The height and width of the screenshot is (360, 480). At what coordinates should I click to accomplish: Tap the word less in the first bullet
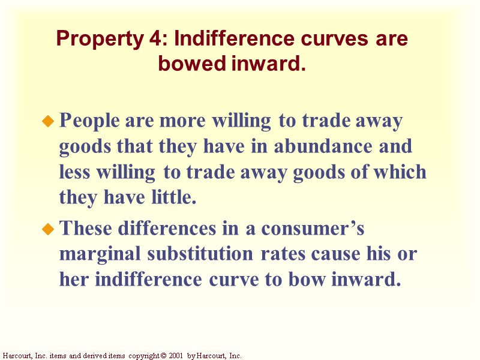74,172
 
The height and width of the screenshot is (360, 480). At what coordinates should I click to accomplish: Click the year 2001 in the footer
175,356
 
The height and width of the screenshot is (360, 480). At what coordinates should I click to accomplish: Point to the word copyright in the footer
142,356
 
